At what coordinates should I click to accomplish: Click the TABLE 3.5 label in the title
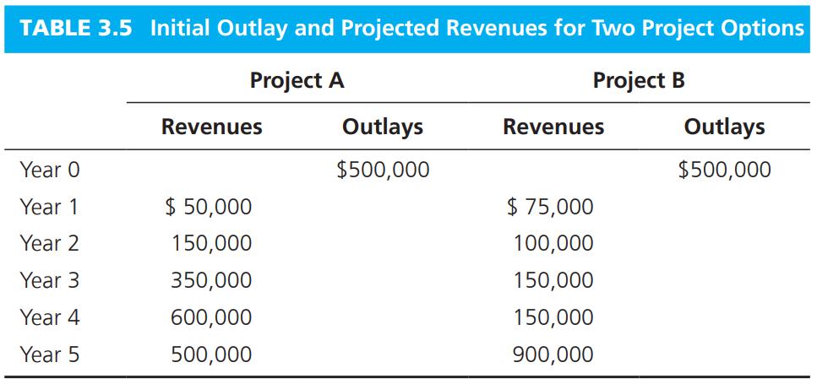75,28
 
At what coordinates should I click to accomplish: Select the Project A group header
297,81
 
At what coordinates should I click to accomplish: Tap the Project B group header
639,81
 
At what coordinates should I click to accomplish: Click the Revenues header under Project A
211,127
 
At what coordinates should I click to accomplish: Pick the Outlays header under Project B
724,127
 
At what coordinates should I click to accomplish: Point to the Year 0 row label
50,170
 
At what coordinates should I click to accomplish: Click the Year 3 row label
50,280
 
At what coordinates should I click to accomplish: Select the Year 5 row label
50,354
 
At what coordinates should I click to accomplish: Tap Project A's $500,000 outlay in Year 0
383,170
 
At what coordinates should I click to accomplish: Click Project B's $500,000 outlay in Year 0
724,170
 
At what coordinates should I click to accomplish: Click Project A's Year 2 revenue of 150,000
211,244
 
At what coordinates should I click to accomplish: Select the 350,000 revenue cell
211,280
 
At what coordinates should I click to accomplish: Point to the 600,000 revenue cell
211,317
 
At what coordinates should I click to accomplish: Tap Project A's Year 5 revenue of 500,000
211,354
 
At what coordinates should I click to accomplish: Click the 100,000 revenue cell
553,244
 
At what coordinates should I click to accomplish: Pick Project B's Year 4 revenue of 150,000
553,317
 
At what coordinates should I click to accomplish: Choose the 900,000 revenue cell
553,354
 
